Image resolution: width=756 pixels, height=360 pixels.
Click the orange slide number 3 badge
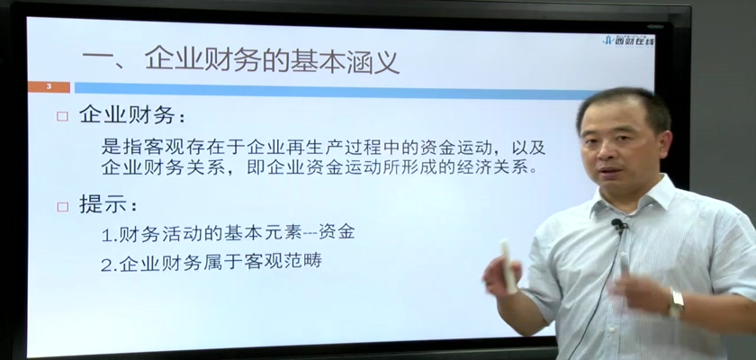49,87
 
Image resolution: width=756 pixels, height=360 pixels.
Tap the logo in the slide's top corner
628,40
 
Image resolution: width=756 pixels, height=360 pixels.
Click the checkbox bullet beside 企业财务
62,117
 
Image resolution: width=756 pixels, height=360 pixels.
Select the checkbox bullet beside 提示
62,207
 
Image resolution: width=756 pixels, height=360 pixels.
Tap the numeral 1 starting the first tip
106,235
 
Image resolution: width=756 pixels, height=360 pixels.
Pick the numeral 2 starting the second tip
106,264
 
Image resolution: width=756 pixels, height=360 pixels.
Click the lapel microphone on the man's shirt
617,224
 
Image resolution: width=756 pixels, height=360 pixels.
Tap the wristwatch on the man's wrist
676,302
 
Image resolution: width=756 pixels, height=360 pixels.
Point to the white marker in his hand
508,266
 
